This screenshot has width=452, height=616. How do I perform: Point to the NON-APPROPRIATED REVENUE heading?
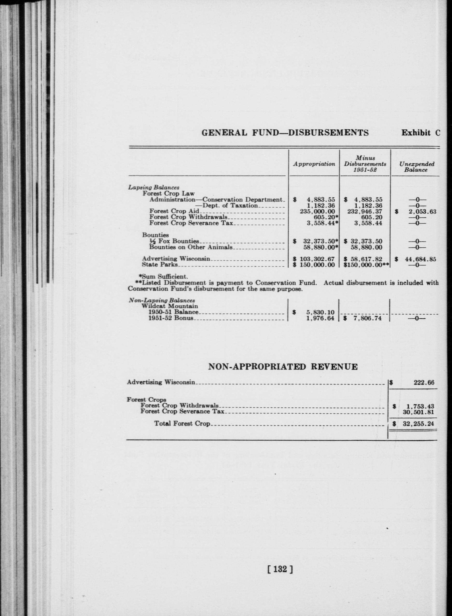(283, 366)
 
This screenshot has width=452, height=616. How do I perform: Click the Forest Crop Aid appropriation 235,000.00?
(317, 211)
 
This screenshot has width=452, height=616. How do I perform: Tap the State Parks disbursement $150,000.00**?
(366, 265)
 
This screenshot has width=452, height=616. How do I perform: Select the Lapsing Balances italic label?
(154, 188)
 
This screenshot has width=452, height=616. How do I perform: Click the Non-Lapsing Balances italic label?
(162, 300)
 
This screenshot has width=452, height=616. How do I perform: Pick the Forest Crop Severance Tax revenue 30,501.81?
(419, 412)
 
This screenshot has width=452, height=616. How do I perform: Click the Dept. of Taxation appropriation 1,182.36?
(321, 205)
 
